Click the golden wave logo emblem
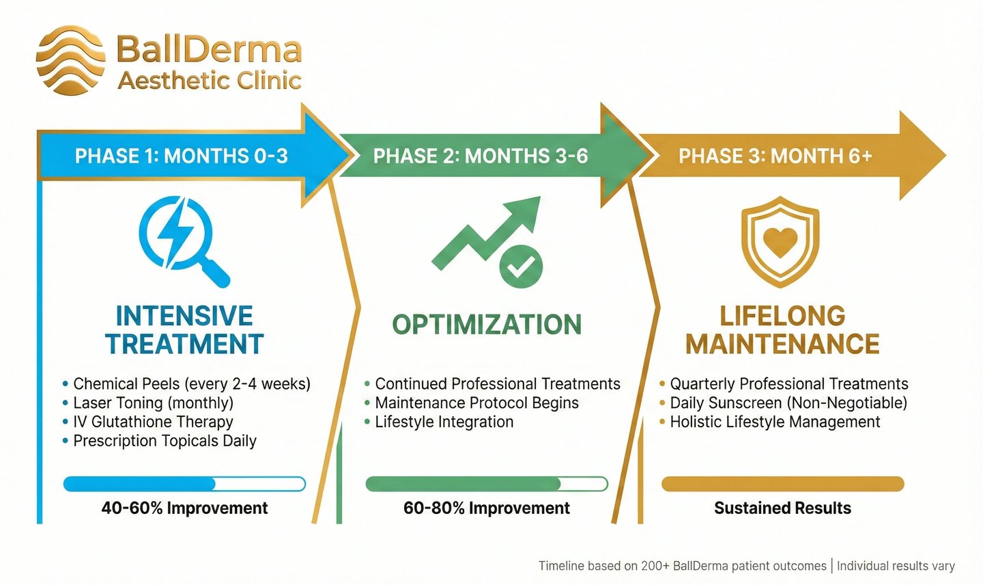coord(70,60)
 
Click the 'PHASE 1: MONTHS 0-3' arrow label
coord(181,156)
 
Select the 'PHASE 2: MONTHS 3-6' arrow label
coord(480,156)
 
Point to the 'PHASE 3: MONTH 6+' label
coord(775,156)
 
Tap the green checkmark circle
coord(521,267)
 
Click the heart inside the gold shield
coord(780,240)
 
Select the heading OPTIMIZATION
coord(487,325)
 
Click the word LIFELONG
coord(782,316)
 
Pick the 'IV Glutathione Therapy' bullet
coord(153,422)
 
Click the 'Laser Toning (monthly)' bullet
coord(153,403)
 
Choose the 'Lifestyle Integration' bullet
coord(444,422)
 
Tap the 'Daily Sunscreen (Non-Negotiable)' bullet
coord(788,403)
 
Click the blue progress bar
coord(184,484)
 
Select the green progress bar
coord(486,484)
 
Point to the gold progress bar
coord(782,484)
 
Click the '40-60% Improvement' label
coord(184,508)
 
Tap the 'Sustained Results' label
coord(782,508)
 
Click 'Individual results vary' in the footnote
coord(896,566)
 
